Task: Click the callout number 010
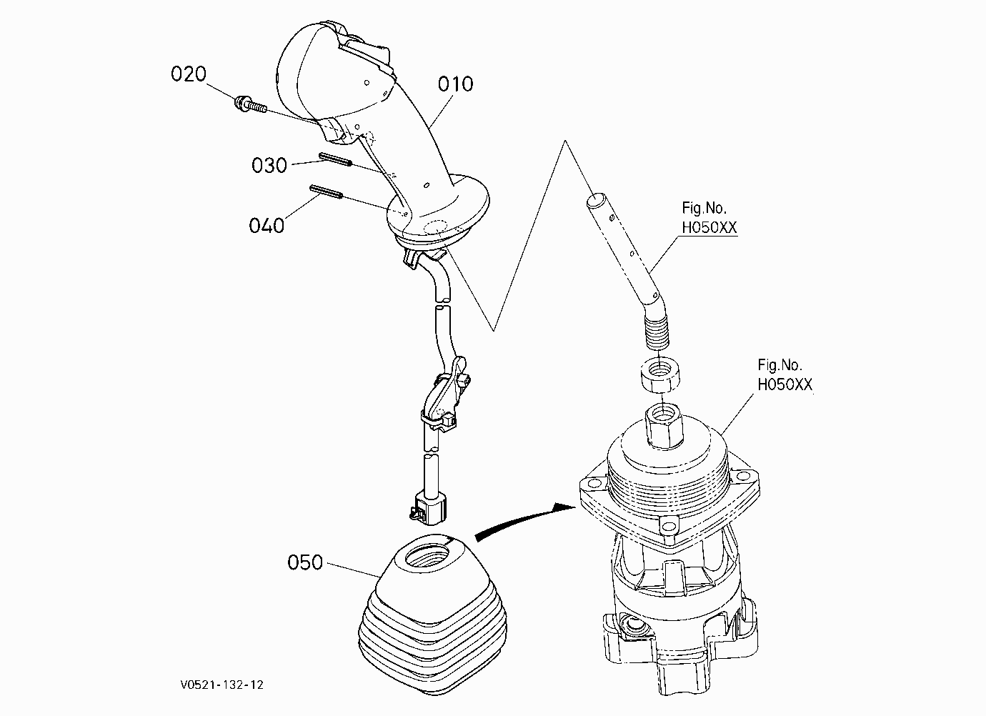pos(455,84)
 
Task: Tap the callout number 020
pos(189,74)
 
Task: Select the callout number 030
pos(269,165)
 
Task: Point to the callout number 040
pos(267,226)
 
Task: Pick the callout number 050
pos(305,562)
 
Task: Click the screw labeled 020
pos(250,104)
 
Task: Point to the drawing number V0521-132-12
pos(221,685)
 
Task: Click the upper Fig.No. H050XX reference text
pos(709,217)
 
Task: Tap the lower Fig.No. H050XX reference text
pos(785,374)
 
